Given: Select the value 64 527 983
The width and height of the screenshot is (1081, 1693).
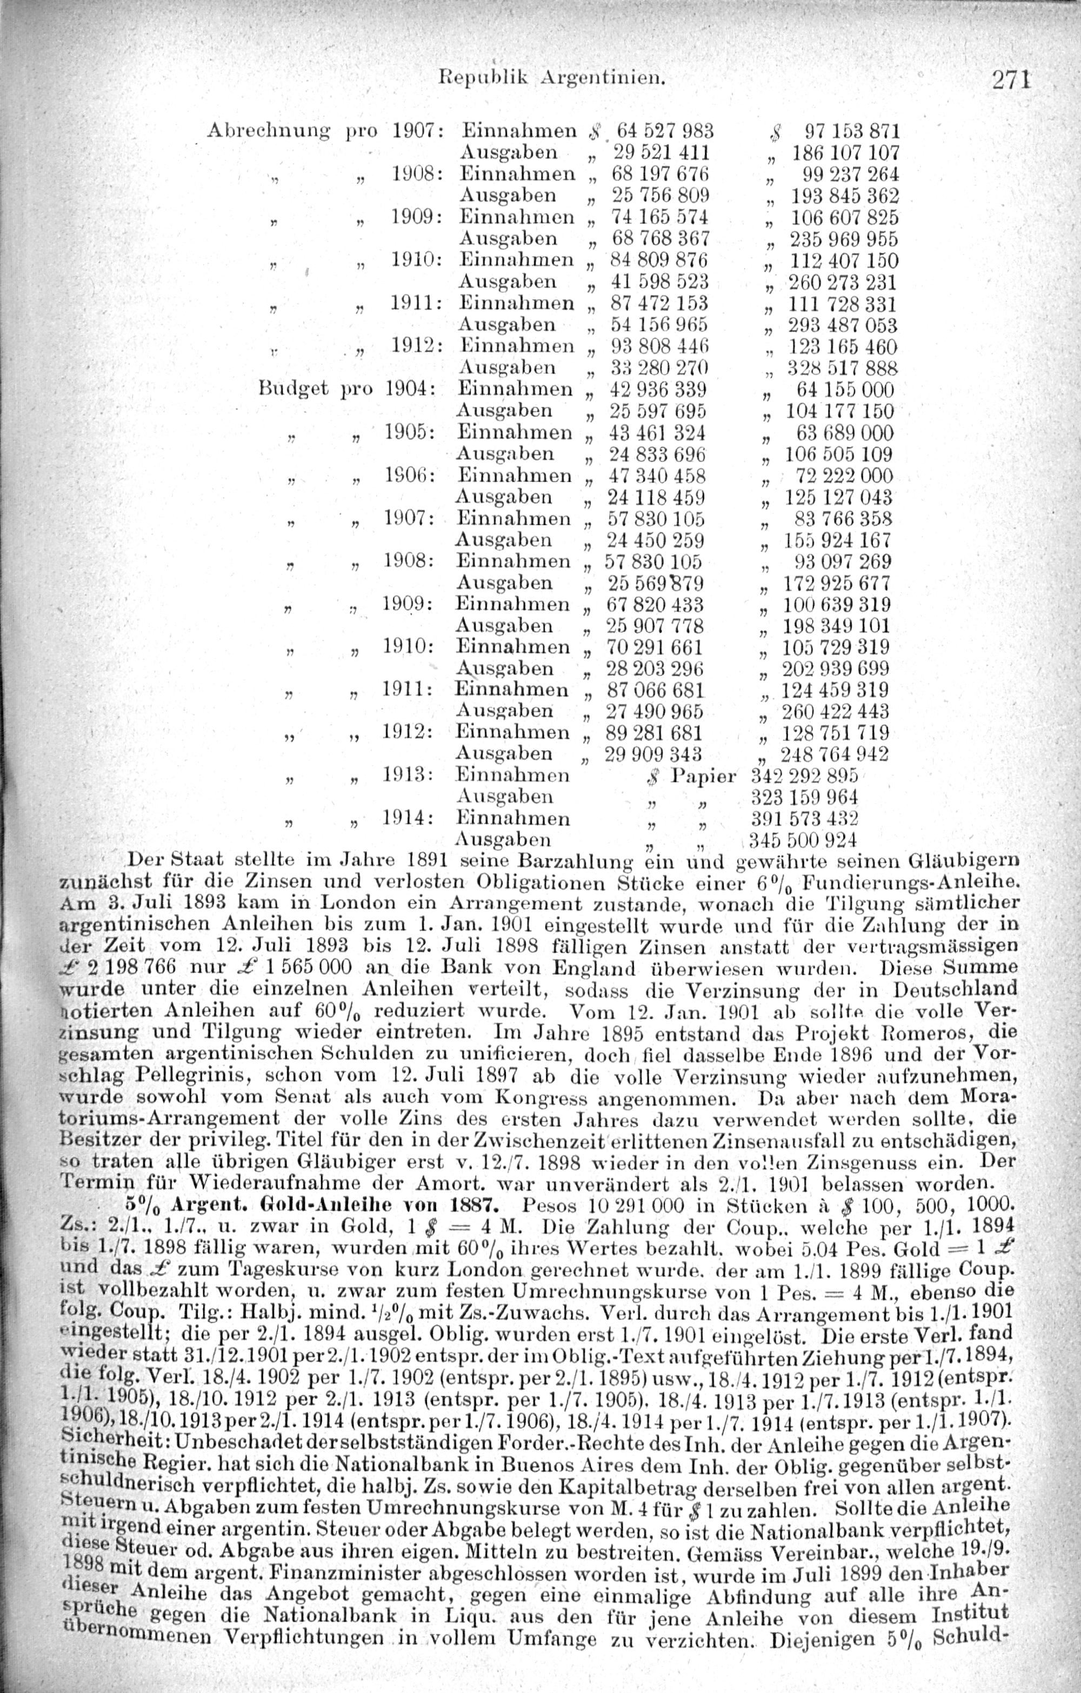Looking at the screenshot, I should click(664, 131).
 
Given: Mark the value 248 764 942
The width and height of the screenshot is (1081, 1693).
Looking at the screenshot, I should click(835, 754).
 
